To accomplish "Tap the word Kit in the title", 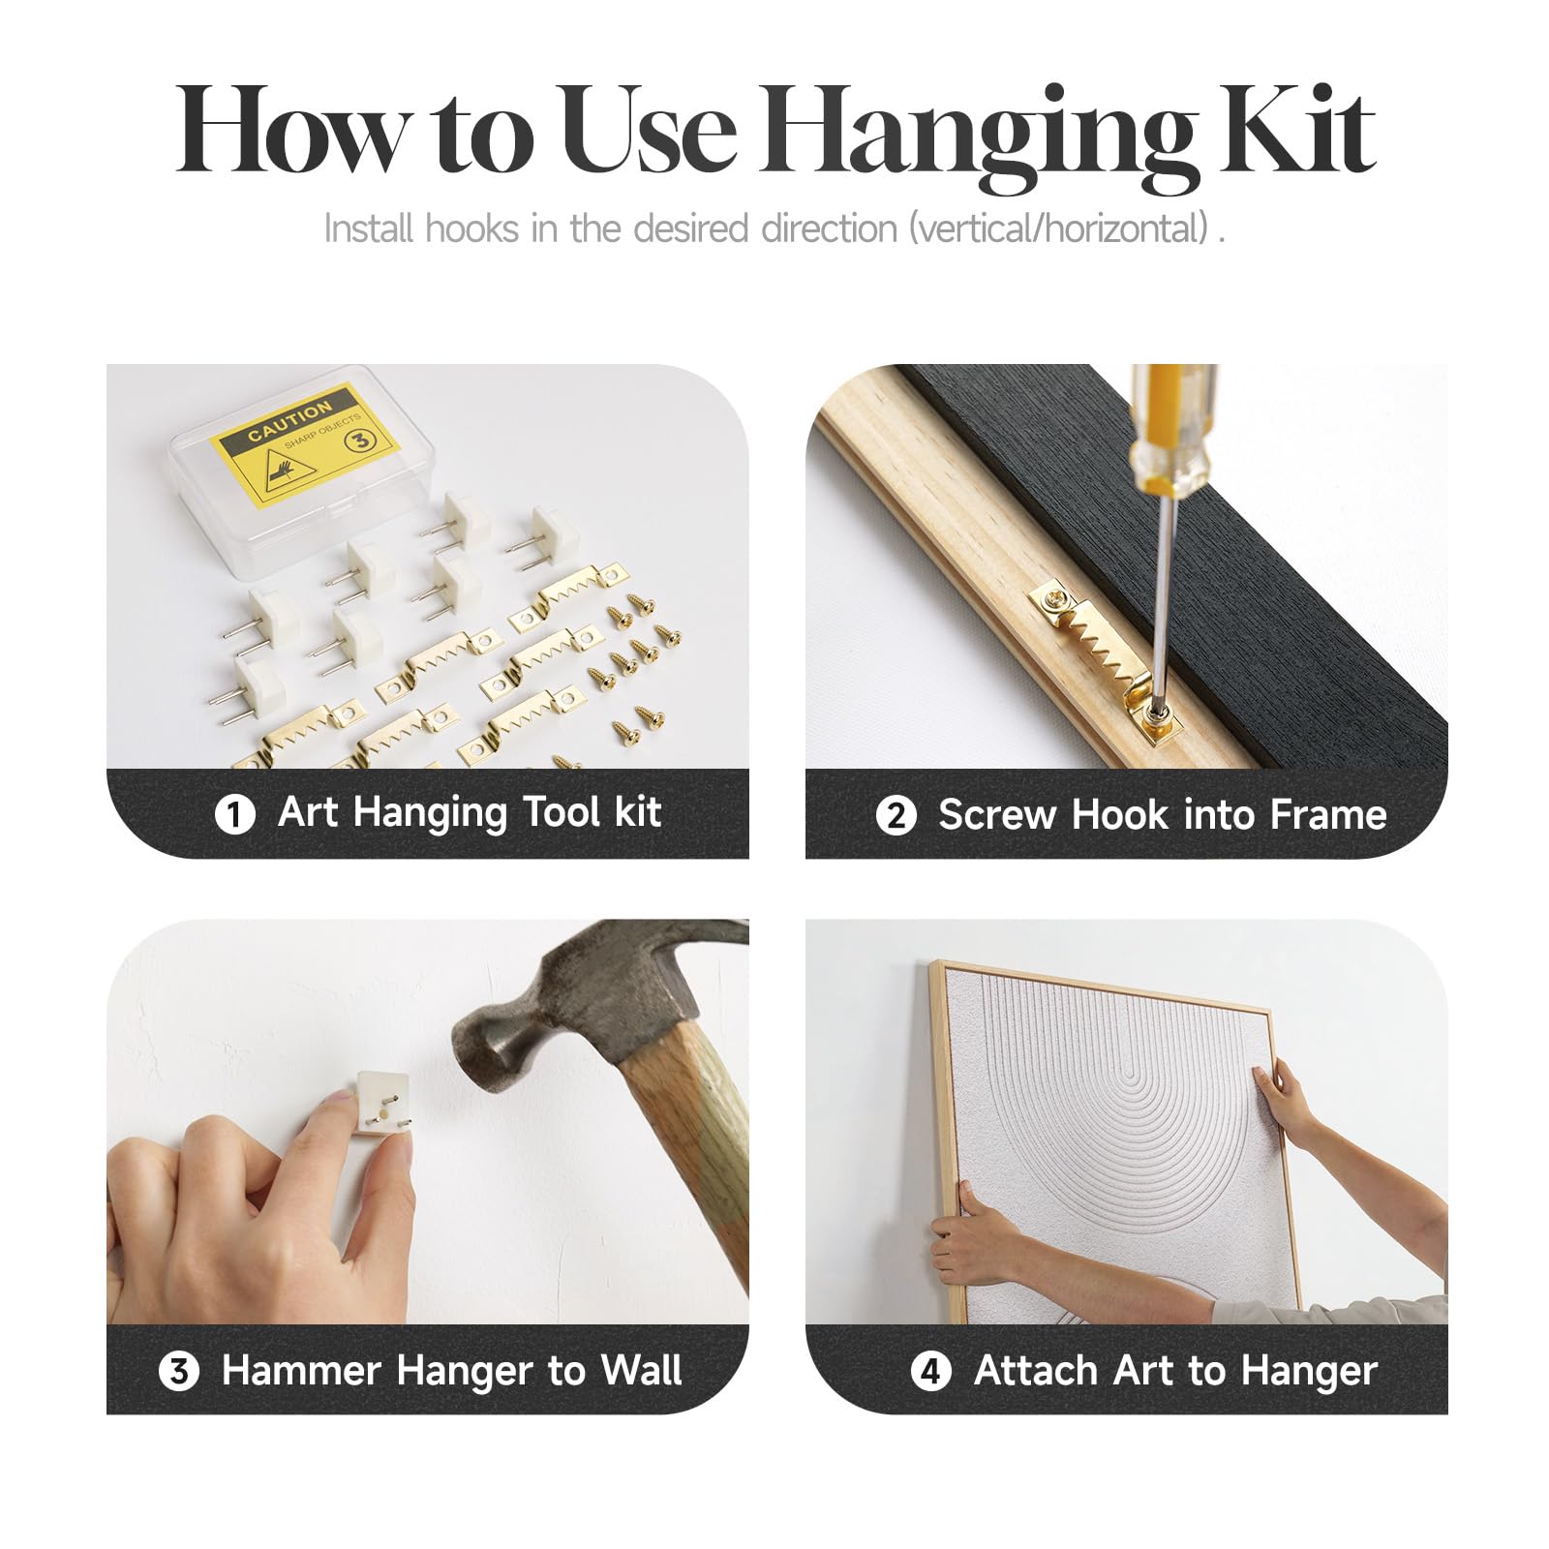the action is click(1297, 130).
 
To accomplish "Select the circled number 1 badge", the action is click(234, 814).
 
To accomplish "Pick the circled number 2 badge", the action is click(896, 814).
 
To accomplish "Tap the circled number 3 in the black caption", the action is click(179, 1371).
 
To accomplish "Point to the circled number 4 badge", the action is click(931, 1371).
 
